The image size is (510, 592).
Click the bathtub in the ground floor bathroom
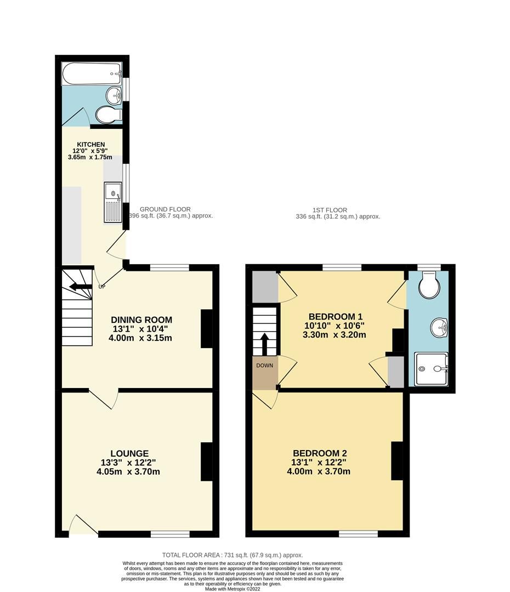click(x=92, y=71)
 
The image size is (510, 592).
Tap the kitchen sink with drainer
click(x=112, y=203)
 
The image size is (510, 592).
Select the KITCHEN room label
click(x=90, y=145)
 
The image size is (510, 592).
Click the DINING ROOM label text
click(x=141, y=320)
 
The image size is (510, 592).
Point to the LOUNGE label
click(x=129, y=453)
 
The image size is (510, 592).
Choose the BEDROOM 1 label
click(x=335, y=316)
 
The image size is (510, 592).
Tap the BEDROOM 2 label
click(x=320, y=453)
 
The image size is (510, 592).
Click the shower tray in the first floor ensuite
click(x=431, y=369)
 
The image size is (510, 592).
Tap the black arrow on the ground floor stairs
click(x=80, y=286)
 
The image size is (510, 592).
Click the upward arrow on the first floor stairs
click(x=264, y=344)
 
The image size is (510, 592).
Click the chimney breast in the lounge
click(x=206, y=462)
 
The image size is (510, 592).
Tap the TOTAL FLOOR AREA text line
click(x=233, y=555)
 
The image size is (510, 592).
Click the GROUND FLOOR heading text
click(x=165, y=209)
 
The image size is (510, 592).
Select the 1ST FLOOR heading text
click(x=330, y=210)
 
